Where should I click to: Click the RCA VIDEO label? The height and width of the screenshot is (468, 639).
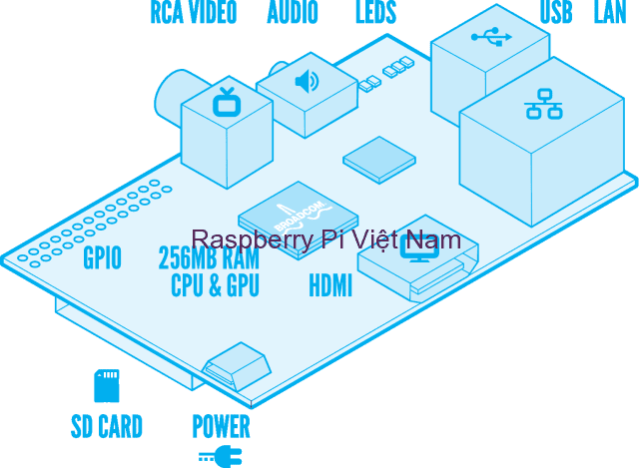193,12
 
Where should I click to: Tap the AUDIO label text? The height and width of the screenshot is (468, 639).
293,12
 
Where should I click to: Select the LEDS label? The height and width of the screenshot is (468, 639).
375,12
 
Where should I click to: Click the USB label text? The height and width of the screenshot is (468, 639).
556,12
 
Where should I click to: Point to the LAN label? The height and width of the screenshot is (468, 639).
610,12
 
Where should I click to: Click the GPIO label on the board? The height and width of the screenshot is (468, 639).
102,258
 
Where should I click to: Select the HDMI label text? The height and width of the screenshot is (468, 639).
329,286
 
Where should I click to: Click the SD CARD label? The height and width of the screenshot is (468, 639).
106,427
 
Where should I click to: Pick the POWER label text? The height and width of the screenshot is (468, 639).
221,427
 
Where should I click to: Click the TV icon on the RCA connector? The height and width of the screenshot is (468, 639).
227,101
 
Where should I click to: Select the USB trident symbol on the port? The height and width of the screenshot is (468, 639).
490,37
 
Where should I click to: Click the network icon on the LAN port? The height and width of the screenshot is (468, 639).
543,103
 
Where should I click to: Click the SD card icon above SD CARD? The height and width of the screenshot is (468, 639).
106,385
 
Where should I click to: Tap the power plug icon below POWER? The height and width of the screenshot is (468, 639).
221,457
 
